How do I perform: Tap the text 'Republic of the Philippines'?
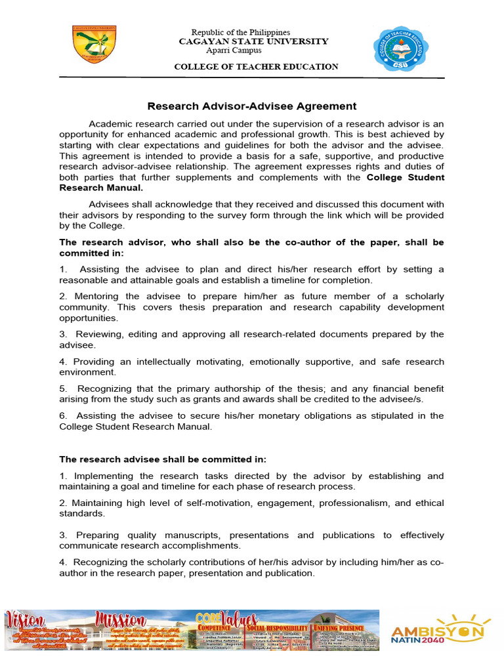pyautogui.click(x=240, y=32)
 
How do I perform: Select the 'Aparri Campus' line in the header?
pyautogui.click(x=234, y=51)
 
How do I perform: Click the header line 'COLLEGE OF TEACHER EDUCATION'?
pyautogui.click(x=256, y=67)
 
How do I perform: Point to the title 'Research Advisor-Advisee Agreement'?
pyautogui.click(x=252, y=106)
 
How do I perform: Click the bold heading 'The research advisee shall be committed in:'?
pyautogui.click(x=163, y=459)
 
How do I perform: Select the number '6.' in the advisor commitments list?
pyautogui.click(x=65, y=415)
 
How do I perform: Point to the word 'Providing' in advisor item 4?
pyautogui.click(x=97, y=362)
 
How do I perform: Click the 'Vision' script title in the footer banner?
pyautogui.click(x=26, y=619)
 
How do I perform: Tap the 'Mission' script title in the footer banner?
pyautogui.click(x=121, y=619)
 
